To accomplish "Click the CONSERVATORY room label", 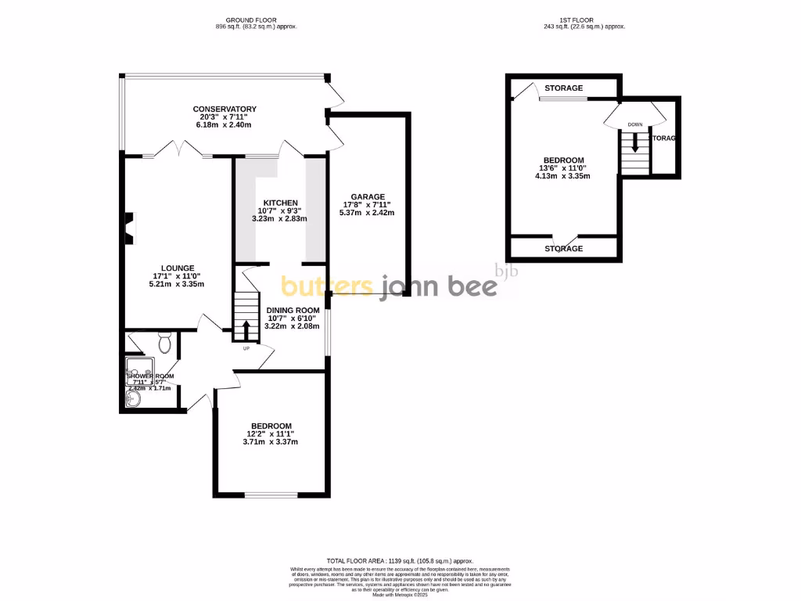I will point(225,109).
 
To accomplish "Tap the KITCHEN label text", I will point(280,203).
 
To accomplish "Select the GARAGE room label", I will point(367,196).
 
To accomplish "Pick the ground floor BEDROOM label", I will point(271,425).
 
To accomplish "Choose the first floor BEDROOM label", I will point(564,160).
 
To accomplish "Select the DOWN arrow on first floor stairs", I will point(635,142).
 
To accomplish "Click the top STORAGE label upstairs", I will point(564,88).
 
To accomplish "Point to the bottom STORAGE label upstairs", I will point(564,249).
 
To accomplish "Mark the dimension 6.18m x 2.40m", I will point(224,125).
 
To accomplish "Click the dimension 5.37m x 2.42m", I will point(367,213).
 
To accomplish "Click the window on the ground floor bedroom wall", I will point(271,495).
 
